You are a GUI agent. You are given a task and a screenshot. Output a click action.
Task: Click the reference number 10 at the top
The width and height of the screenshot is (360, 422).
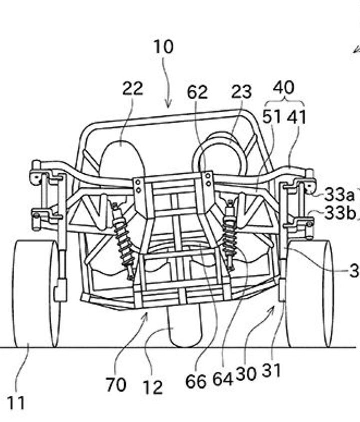coord(163,47)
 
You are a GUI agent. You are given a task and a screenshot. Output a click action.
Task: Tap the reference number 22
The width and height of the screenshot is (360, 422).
coord(132,88)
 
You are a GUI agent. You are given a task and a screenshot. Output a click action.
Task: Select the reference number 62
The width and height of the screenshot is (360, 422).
coord(197,92)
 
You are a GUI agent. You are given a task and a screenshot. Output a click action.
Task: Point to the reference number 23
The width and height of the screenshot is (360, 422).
coord(241,92)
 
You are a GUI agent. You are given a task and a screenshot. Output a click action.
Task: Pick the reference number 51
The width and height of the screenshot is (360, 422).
coord(272,117)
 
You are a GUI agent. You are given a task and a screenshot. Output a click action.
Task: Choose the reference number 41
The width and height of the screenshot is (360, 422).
coord(296,117)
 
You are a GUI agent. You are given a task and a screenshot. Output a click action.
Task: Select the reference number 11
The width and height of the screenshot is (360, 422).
coord(16,403)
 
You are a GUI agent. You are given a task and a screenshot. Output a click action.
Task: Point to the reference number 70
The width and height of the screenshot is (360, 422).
coord(116,385)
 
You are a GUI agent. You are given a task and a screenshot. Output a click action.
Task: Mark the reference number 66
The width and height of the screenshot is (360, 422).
coord(196,381)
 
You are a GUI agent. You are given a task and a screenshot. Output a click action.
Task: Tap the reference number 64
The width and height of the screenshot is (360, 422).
coord(223,379)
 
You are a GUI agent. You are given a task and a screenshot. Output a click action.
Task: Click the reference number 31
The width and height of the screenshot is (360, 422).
coord(272,371)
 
